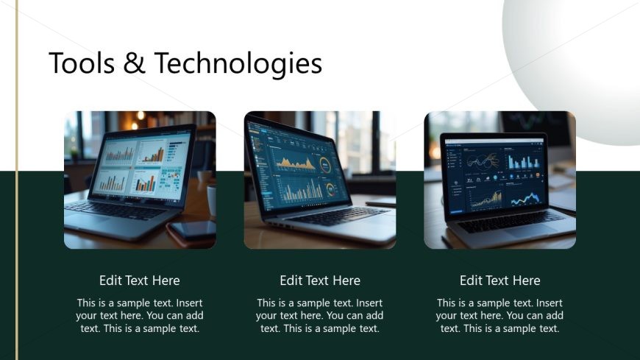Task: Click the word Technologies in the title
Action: (x=239, y=65)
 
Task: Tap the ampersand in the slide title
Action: (x=135, y=64)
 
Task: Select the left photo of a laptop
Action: (x=140, y=180)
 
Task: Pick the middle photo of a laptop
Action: (x=320, y=180)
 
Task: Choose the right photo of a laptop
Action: (x=500, y=180)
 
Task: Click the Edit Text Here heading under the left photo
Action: (x=140, y=280)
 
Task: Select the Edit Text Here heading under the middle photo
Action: (x=320, y=280)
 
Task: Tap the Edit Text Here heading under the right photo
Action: (x=500, y=280)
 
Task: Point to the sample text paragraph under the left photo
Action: (x=140, y=316)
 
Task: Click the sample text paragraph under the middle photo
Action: (x=320, y=316)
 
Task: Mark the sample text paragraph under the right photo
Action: (x=500, y=316)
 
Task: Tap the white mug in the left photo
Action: (x=212, y=199)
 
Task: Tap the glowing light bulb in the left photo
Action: (x=140, y=116)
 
